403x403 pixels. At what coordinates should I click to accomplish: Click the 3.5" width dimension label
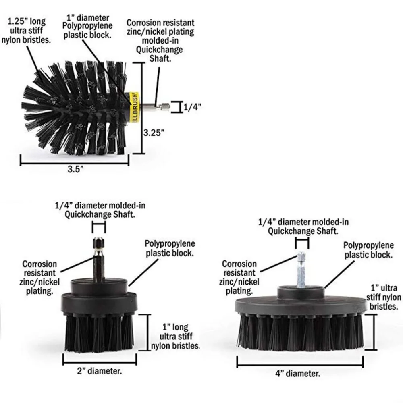pos(75,169)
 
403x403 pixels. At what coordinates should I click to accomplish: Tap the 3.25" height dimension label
pos(154,133)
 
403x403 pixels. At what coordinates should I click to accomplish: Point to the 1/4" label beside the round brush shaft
pos(192,107)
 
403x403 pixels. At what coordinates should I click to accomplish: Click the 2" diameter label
pos(100,371)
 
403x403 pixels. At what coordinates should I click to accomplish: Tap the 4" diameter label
pos(298,373)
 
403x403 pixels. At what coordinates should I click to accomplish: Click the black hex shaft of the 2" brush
pos(99,259)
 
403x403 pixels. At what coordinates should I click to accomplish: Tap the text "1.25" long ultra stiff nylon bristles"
pos(26,31)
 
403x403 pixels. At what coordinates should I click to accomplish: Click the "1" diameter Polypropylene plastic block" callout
pos(87,27)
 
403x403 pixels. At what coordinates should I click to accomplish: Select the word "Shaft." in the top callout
pos(160,58)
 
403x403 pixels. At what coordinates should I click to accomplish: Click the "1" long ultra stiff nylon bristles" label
pos(176,337)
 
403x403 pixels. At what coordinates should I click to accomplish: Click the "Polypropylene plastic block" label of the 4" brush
pos(369,250)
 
